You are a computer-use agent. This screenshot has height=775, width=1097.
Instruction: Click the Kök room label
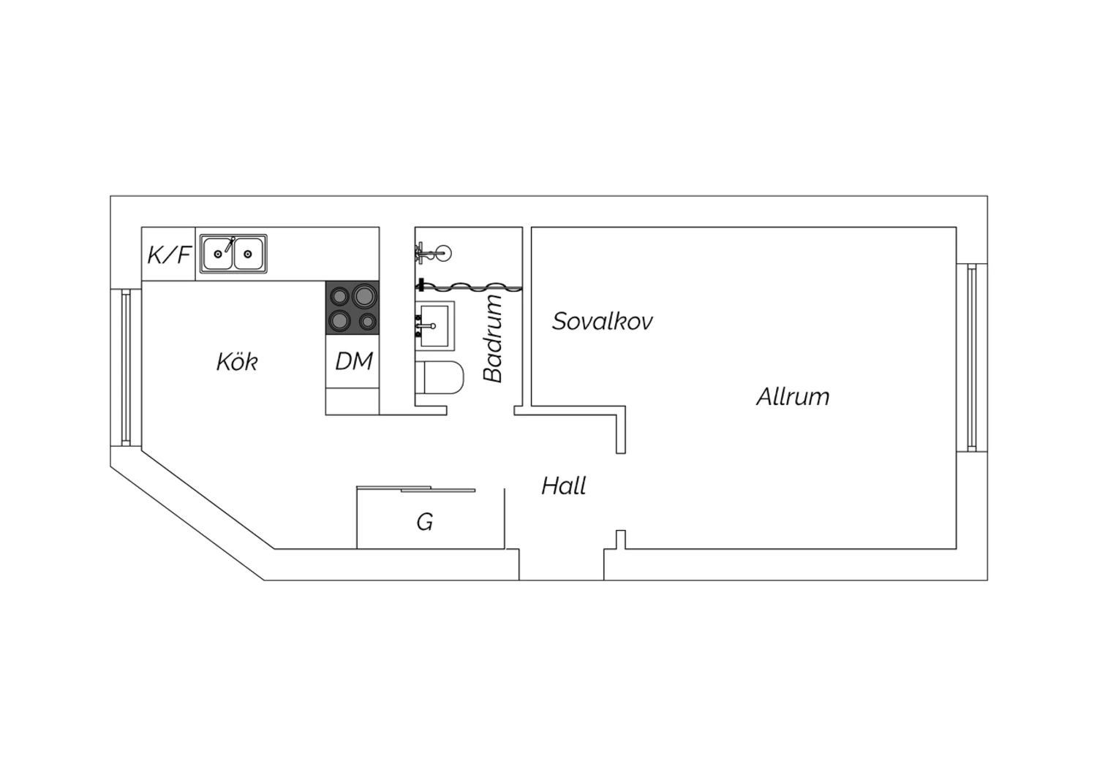(x=237, y=362)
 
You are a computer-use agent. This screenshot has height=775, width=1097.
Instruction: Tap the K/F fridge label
(x=169, y=255)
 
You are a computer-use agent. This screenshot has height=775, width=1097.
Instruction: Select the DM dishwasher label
(x=353, y=361)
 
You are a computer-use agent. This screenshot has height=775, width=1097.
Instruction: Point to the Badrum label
(x=493, y=339)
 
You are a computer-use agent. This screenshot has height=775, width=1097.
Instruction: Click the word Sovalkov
(x=603, y=321)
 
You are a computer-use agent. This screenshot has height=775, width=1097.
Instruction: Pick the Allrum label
(x=793, y=396)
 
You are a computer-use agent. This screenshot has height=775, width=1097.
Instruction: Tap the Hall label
(x=564, y=486)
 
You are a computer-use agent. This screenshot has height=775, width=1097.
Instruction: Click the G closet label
(x=425, y=522)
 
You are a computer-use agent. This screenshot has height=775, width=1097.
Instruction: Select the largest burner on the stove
(x=364, y=295)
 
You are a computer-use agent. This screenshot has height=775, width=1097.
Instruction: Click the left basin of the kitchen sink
(x=217, y=254)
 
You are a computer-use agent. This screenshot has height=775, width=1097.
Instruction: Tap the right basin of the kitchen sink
(x=249, y=254)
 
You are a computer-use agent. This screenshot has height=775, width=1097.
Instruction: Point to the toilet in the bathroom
(x=440, y=377)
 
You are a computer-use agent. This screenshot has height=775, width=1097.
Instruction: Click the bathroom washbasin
(x=435, y=326)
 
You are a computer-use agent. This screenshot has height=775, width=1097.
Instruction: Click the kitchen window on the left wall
(x=126, y=368)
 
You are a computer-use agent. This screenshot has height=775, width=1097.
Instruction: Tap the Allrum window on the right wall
(x=972, y=358)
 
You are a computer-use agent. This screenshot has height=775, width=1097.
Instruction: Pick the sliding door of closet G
(x=416, y=488)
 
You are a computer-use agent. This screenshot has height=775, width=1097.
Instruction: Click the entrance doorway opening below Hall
(x=561, y=564)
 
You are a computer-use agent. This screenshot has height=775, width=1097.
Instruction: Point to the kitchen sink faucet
(x=230, y=244)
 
